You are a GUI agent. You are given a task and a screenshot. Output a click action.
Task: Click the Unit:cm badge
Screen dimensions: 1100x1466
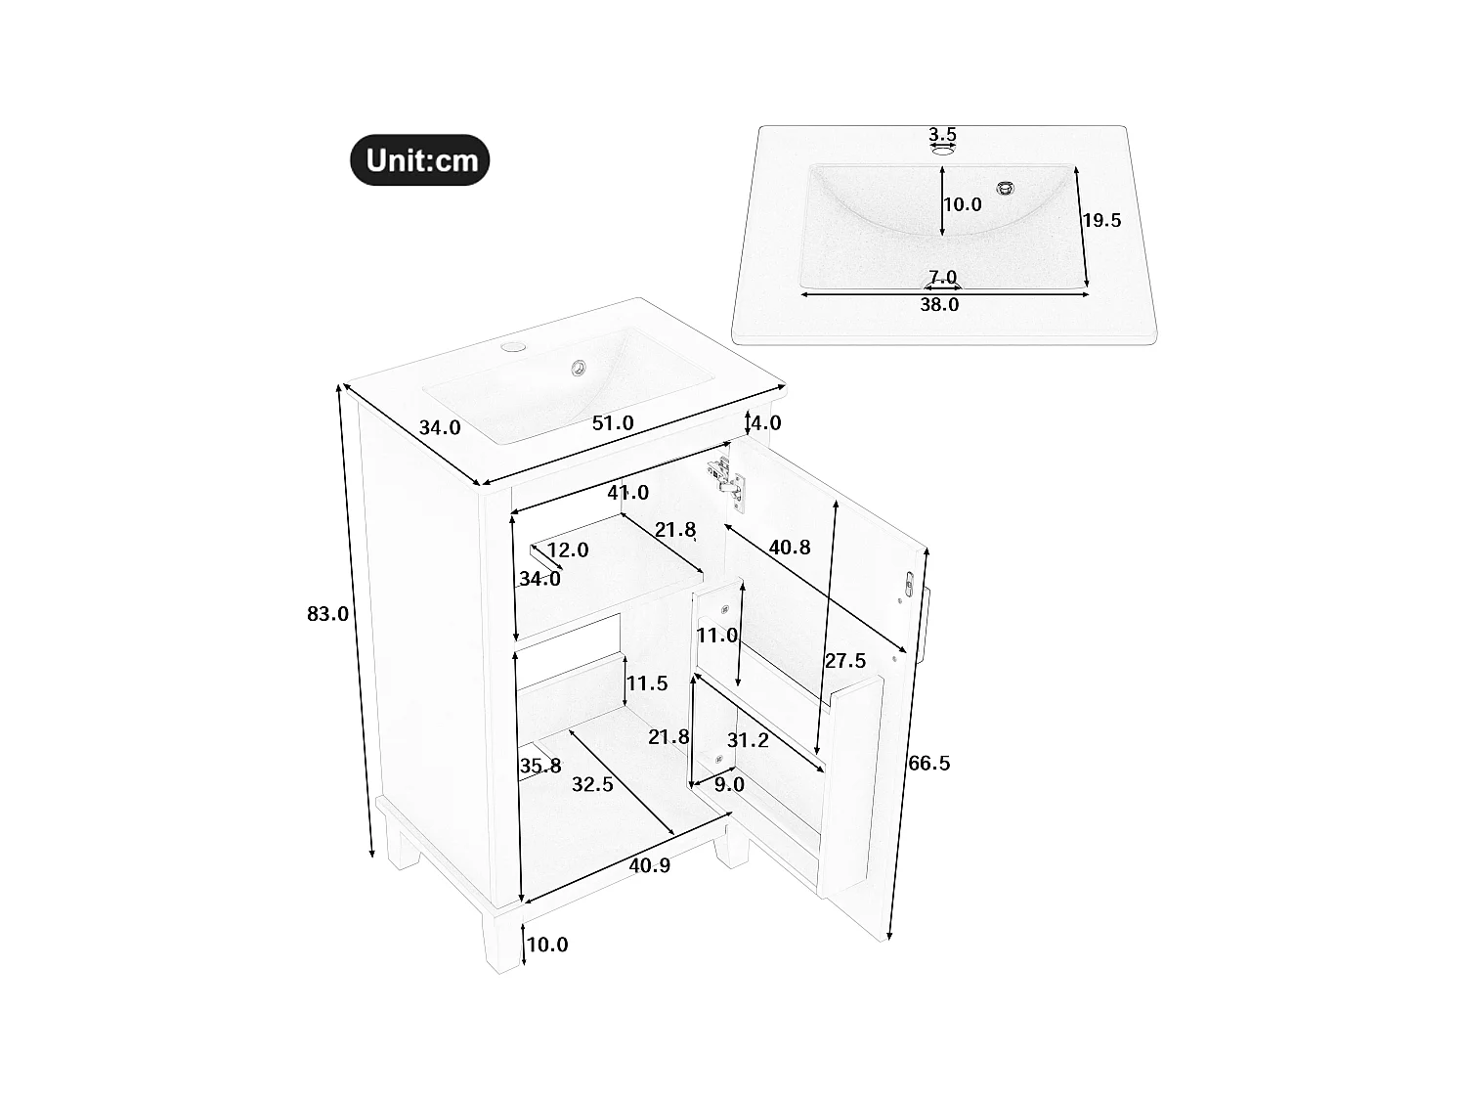420,160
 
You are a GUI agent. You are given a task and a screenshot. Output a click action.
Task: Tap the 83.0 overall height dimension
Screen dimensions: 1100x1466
327,614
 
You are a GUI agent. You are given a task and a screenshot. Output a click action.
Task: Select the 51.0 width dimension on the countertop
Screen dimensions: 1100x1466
613,423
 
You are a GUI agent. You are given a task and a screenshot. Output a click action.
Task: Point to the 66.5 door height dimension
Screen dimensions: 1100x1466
928,763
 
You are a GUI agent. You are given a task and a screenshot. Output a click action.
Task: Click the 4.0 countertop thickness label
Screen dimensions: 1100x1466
764,423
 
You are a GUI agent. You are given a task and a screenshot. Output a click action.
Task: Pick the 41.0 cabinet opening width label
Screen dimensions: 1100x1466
627,493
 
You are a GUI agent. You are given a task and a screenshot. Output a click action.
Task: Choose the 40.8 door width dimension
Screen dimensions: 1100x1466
789,547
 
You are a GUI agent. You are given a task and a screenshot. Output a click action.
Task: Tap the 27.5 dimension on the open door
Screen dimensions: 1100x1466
845,661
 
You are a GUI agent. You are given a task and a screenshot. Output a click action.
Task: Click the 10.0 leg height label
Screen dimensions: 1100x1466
547,945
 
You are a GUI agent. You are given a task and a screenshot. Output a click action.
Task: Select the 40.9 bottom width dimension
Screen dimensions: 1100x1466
650,864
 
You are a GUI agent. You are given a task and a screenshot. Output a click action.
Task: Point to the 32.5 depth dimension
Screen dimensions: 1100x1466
592,784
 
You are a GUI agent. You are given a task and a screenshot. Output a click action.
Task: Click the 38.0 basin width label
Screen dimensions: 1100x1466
939,305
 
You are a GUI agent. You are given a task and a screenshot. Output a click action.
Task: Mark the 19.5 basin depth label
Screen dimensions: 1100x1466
1101,221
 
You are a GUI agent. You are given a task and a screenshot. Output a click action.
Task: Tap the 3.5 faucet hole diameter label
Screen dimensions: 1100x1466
942,135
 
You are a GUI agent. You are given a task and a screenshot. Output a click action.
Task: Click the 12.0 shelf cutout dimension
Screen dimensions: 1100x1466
568,550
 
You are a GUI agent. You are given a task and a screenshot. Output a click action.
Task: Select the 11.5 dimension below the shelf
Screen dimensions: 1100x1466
647,682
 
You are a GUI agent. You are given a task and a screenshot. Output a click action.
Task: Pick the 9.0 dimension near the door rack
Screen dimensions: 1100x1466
729,784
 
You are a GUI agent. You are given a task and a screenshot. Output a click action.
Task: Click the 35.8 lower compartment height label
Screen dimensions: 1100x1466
540,766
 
